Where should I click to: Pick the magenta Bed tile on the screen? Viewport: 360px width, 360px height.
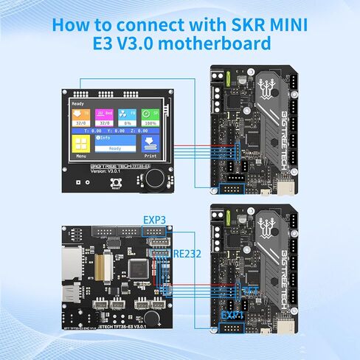pyautogui.click(x=105, y=114)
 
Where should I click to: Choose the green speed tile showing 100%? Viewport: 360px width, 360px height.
pyautogui.click(x=150, y=114)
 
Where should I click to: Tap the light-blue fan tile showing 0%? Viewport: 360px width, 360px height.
pyautogui.click(x=128, y=114)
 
